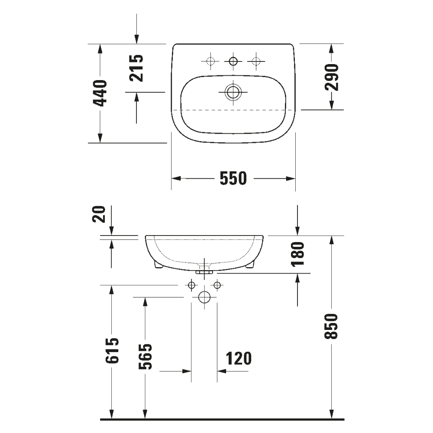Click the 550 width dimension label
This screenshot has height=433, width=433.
point(233,178)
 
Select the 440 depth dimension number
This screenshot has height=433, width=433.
point(100,93)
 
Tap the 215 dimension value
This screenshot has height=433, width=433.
point(136,68)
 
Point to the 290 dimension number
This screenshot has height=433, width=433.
point(332,77)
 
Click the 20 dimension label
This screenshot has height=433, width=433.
point(100,214)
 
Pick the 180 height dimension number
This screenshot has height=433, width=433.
point(298,254)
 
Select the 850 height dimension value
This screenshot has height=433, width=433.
point(332,326)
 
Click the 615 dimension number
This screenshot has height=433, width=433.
point(112,352)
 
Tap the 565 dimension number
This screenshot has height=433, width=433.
point(146,356)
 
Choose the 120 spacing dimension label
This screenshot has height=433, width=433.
point(238,359)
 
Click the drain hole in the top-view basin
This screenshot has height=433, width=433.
point(233,91)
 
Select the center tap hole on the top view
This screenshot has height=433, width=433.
point(233,61)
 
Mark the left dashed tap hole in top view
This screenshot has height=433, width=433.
point(210,61)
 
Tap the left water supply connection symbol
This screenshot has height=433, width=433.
point(191,285)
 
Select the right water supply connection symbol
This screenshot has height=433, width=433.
point(217,285)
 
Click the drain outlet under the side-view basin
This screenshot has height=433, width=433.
point(204,271)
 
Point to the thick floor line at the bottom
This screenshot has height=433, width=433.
point(222,419)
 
